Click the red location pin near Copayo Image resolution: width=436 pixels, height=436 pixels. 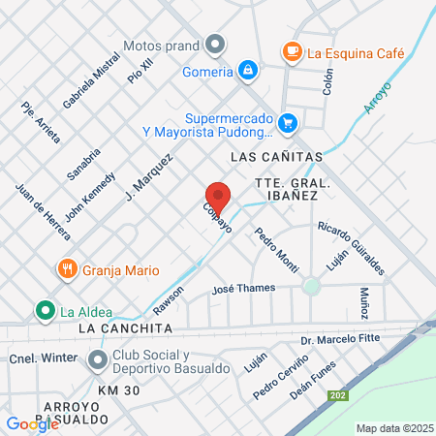[x=218, y=198]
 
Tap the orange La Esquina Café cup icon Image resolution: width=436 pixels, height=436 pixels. [x=291, y=52]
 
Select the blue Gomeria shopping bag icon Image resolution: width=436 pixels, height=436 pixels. [x=249, y=71]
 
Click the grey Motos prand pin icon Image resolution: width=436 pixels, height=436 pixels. [x=215, y=45]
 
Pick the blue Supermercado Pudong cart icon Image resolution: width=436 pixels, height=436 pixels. [x=287, y=123]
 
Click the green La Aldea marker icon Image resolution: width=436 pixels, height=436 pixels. [x=44, y=311]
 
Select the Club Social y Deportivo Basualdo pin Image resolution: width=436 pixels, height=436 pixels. [x=97, y=361]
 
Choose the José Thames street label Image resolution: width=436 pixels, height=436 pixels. [x=243, y=288]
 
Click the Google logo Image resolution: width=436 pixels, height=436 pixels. [x=32, y=423]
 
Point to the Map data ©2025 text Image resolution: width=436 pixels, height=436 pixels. [x=393, y=428]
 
